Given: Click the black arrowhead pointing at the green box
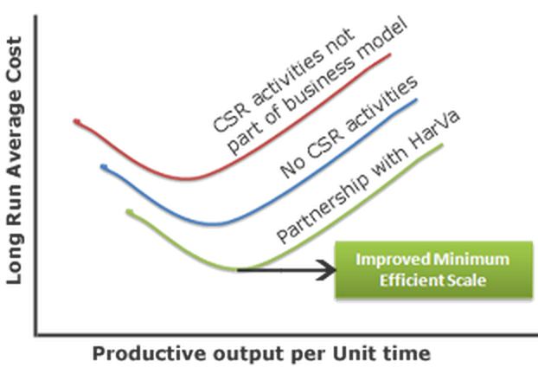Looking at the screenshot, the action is [327, 270].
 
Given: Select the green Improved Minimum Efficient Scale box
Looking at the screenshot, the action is [433, 269].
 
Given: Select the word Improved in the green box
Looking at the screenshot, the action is [393, 260].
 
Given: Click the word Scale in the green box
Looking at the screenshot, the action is [466, 280].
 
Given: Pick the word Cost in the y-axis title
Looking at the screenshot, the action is [15, 57].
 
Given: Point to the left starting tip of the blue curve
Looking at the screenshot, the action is [103, 167].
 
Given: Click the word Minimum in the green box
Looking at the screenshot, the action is [471, 260].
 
